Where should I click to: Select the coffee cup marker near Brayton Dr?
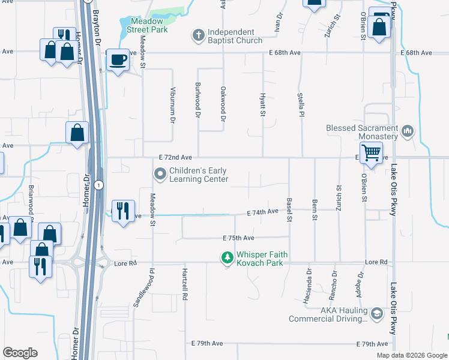(118, 59)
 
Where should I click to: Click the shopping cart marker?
(371, 152)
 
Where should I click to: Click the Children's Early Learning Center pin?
(160, 175)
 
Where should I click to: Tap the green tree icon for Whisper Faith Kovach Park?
(227, 258)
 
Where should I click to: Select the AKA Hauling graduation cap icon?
(376, 314)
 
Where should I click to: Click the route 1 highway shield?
(98, 184)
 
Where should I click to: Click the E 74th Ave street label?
(263, 212)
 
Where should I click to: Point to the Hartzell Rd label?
(185, 284)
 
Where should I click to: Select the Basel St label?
(289, 210)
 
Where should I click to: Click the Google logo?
(20, 353)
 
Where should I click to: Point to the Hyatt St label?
(262, 104)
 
